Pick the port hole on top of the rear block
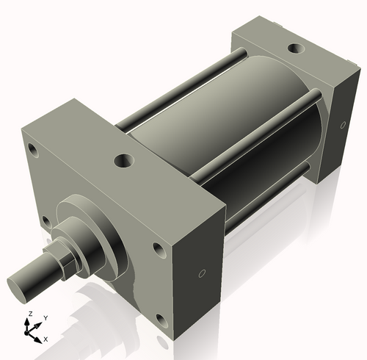pyautogui.click(x=295, y=48)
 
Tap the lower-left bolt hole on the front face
pyautogui.click(x=46, y=220)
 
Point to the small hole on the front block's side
pyautogui.click(x=202, y=273)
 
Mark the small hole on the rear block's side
pyautogui.click(x=343, y=126)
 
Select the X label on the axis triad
pyautogui.click(x=46, y=339)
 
